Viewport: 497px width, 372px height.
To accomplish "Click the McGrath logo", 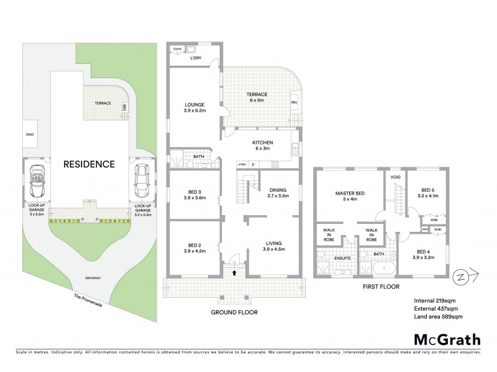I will click(x=447, y=339).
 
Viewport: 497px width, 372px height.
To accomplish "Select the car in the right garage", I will click(x=142, y=179).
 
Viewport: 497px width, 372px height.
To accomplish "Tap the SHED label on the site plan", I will click(x=29, y=133).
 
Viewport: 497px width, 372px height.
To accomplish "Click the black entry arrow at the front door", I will click(x=234, y=272).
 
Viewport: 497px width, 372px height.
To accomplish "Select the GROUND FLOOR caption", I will click(x=234, y=312).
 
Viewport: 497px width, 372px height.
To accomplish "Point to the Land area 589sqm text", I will click(x=438, y=317).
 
